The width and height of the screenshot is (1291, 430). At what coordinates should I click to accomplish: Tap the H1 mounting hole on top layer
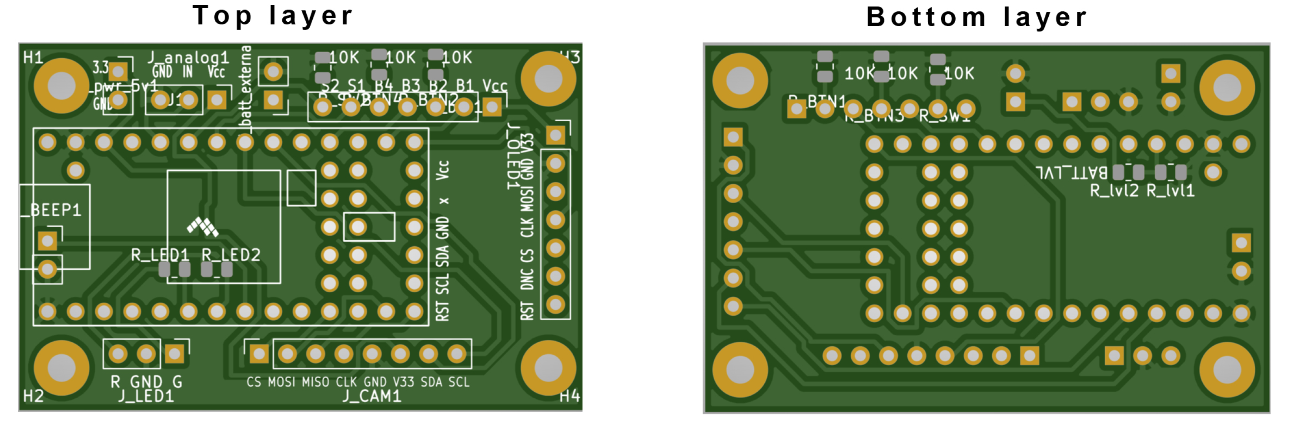[x=61, y=85]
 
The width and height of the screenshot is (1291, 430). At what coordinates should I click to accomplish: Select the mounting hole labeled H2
[x=61, y=368]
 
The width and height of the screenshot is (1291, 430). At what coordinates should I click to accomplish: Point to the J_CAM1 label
[x=372, y=397]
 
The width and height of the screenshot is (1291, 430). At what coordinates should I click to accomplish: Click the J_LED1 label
[x=146, y=397]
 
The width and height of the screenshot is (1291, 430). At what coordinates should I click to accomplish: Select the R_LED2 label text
[x=231, y=255]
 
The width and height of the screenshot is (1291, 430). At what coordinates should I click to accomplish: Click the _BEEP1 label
[x=51, y=210]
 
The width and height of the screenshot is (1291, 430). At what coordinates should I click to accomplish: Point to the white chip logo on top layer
[x=202, y=226]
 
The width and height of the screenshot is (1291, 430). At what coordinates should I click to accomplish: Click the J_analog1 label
[x=188, y=58]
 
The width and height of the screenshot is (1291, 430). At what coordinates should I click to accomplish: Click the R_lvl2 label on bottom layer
[x=1114, y=191]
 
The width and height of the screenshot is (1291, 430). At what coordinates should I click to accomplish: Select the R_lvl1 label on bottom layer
[x=1170, y=191]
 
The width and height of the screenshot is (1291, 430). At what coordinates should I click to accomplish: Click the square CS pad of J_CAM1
[x=259, y=354]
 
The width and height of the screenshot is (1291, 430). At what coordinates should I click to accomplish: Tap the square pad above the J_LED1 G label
[x=174, y=354]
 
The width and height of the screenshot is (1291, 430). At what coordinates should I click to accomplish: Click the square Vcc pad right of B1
[x=492, y=106]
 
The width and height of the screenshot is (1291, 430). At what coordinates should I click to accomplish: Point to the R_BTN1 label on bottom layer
[x=817, y=102]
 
